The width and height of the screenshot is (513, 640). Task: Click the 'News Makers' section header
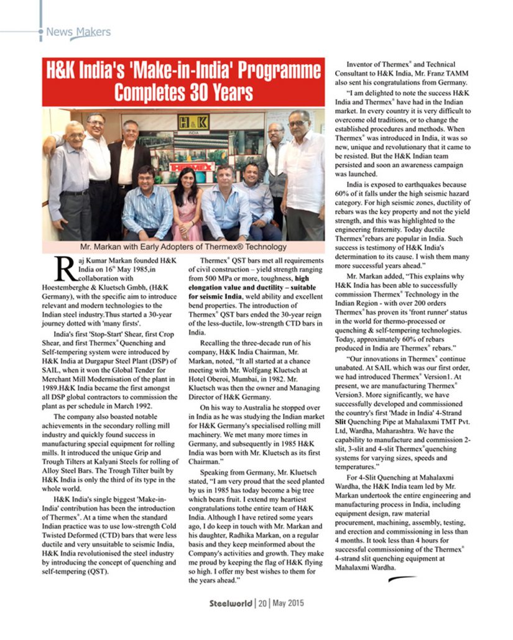point(78,32)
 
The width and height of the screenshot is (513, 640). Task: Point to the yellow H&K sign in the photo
point(193,122)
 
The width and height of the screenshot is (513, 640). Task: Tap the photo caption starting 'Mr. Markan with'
point(183,247)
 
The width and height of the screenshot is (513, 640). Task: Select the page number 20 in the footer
point(262,603)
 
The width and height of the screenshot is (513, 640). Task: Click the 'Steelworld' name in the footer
point(231,603)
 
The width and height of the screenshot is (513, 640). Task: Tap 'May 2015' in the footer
point(287,603)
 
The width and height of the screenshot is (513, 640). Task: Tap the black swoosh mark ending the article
point(402,579)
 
